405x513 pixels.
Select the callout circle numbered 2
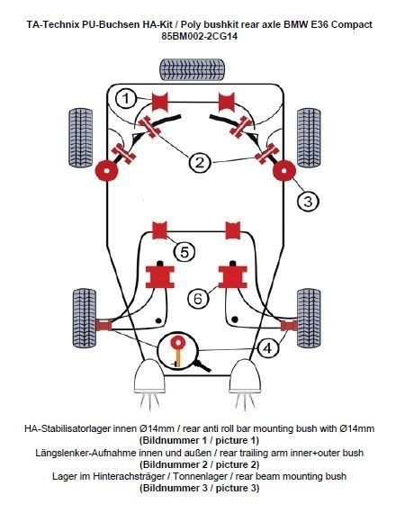199,162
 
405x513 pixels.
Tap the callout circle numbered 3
309,201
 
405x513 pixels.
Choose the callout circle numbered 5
184,252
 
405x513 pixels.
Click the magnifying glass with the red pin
180,351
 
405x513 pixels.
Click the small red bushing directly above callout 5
162,229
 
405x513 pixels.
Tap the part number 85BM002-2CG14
202,37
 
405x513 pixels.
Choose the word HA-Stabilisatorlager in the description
74,428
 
